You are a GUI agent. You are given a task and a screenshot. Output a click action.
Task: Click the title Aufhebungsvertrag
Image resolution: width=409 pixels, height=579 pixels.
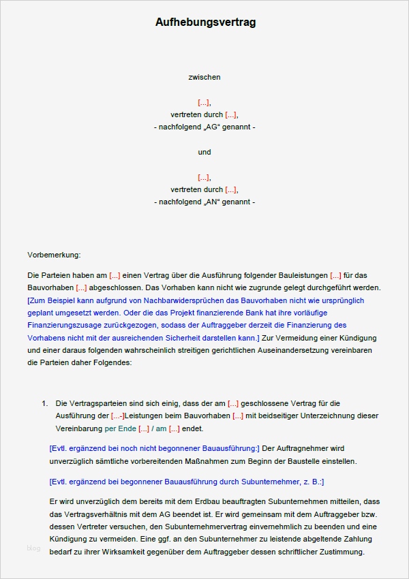coord(205,22)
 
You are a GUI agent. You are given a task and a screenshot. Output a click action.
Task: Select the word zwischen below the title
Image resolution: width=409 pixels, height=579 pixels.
coord(204,77)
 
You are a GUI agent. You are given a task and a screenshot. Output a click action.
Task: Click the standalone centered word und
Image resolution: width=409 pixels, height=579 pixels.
coord(204,152)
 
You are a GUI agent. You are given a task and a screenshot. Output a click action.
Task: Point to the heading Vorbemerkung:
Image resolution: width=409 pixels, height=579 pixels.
coord(54,255)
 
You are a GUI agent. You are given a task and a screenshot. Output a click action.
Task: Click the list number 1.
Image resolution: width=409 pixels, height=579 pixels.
coord(45,403)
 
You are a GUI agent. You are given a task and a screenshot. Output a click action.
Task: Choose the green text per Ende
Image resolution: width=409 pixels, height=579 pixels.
coord(120,428)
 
